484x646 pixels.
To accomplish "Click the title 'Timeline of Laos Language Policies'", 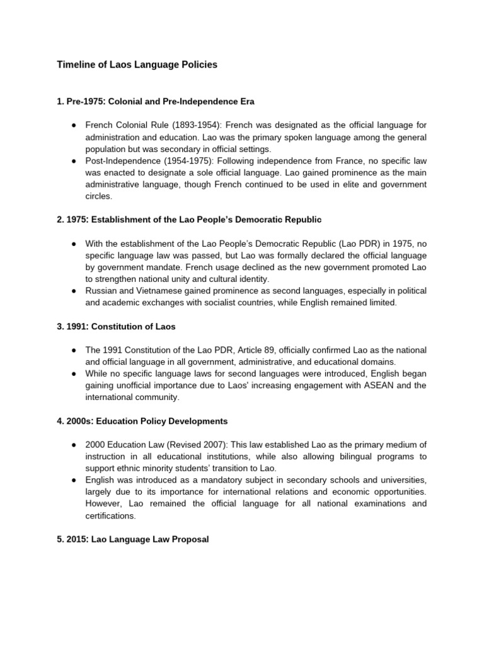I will (137, 64).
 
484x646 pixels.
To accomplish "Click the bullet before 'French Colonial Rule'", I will (74, 126).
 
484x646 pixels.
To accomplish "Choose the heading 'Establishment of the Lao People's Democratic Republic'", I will (189, 220).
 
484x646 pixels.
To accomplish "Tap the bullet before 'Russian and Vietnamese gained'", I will (74, 291).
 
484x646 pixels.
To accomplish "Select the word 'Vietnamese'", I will (156, 291).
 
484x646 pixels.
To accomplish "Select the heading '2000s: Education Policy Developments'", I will (142, 421).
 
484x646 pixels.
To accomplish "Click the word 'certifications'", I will (112, 515).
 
